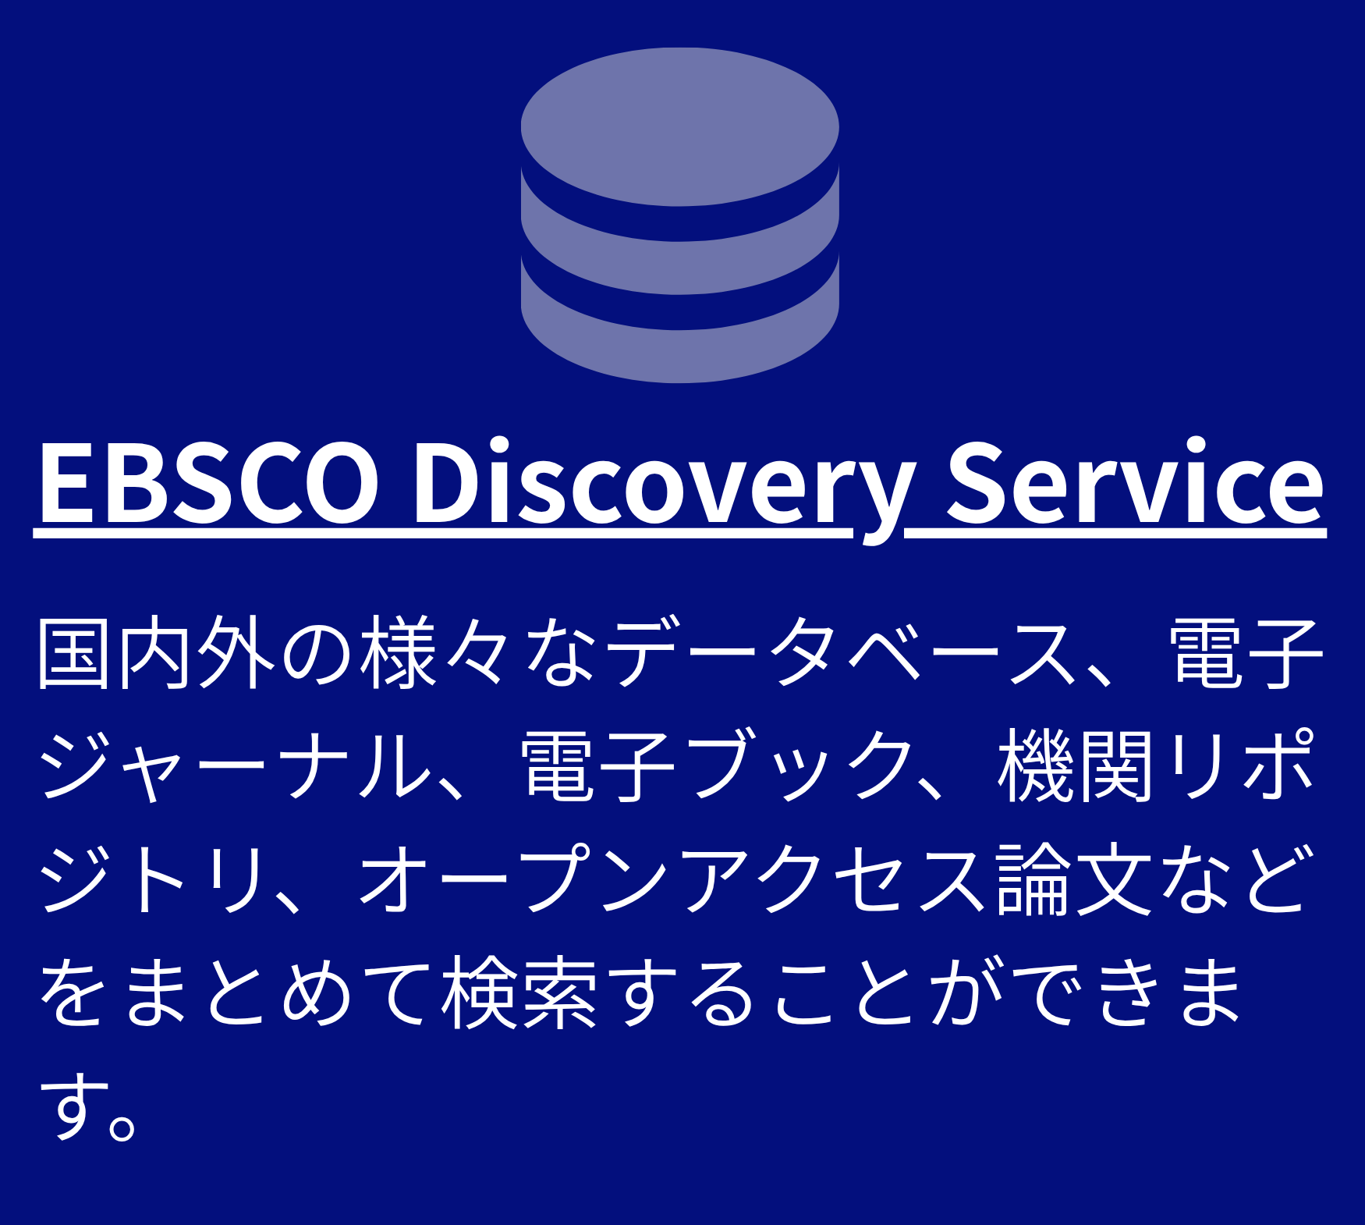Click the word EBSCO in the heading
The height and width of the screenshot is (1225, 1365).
click(x=208, y=481)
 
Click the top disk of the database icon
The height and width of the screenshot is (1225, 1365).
click(x=679, y=126)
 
